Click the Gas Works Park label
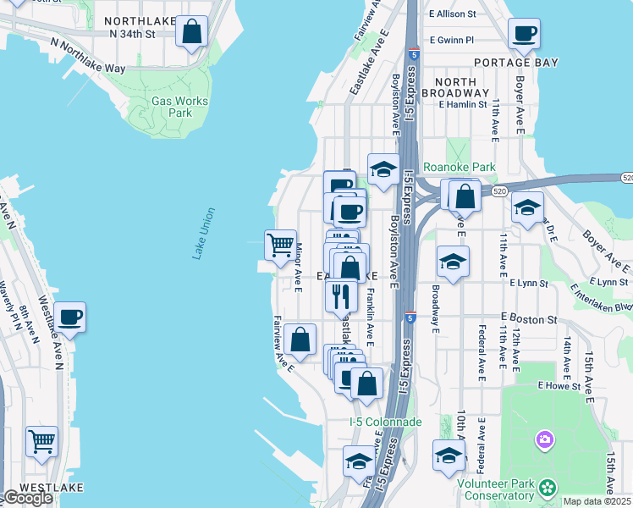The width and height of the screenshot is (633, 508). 179,106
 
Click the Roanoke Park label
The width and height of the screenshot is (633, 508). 459,167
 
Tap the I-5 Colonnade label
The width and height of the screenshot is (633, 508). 385,421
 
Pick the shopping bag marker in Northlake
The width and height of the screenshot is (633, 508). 192,32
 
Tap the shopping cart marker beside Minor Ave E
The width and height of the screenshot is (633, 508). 280,246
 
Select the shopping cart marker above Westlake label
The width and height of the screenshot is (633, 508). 41,441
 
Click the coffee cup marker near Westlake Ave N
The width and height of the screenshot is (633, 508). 69,317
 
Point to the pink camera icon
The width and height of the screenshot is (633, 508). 544,439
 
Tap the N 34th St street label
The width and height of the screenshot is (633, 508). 133,35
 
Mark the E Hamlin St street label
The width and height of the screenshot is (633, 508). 462,105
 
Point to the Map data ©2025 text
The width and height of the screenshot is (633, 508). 597,501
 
